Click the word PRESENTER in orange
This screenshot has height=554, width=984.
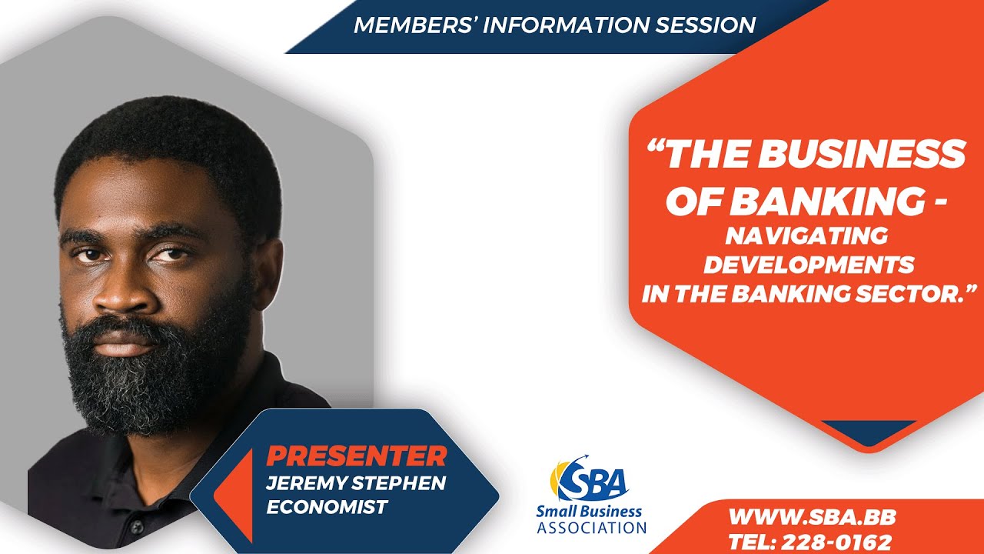(x=356, y=456)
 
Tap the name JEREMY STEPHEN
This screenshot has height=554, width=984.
(x=356, y=482)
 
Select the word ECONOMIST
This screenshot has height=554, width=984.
(x=327, y=507)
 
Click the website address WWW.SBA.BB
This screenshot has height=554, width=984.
(x=812, y=516)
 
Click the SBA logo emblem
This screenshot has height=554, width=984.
(x=590, y=479)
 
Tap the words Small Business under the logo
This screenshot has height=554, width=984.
(x=589, y=512)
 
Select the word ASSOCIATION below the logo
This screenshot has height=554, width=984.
(x=591, y=528)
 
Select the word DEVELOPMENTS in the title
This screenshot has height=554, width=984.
(x=809, y=264)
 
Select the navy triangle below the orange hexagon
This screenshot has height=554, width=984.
(x=869, y=430)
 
